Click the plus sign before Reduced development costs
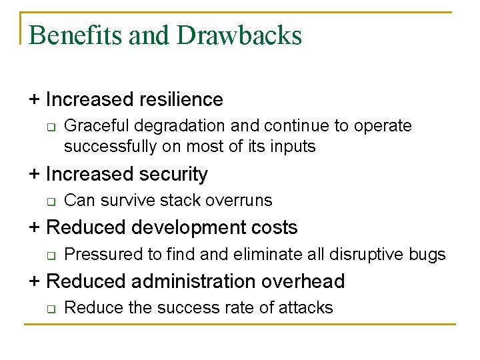pyautogui.click(x=34, y=228)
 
